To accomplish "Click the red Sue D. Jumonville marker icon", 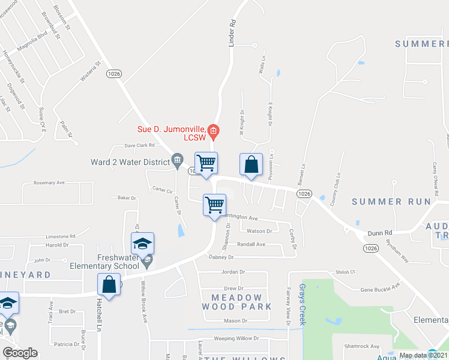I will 212,130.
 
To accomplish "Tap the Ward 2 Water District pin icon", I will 177,159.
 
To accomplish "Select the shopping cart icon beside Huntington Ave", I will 214,206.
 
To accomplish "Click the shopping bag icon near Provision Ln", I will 252,164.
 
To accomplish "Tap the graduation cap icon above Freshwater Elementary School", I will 142,244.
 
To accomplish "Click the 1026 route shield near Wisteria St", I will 113,73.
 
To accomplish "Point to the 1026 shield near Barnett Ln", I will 304,193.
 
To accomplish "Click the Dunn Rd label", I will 380,232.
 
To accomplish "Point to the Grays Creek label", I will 303,304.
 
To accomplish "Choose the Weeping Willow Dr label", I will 237,338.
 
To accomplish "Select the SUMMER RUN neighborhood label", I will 391,202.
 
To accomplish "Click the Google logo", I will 20,352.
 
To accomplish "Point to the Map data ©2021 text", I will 414,355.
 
